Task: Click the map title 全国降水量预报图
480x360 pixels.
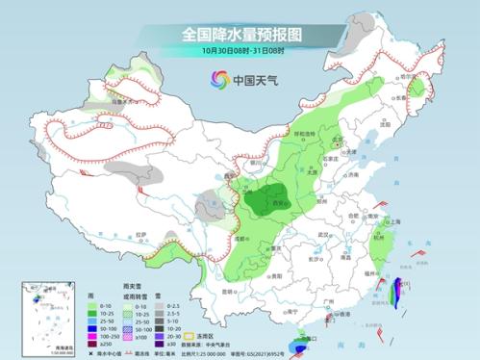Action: tap(240, 34)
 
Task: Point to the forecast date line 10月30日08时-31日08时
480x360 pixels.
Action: tap(240, 50)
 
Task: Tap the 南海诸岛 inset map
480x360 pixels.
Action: tap(38, 311)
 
